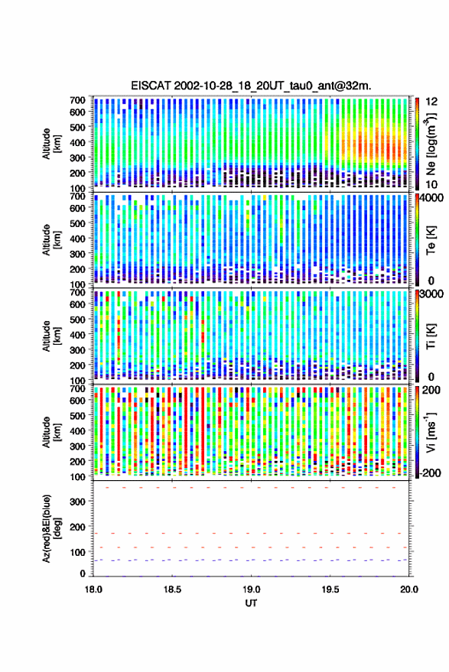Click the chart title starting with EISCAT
(x=251, y=86)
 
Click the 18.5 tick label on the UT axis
(x=172, y=589)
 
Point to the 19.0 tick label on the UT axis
(x=252, y=589)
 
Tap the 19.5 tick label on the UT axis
(x=330, y=589)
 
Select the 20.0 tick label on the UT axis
(x=409, y=589)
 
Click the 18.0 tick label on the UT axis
(x=93, y=589)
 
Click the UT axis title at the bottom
(x=251, y=603)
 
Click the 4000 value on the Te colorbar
(x=432, y=199)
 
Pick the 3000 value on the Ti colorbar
(x=432, y=294)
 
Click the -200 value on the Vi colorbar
(x=430, y=473)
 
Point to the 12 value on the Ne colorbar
(x=432, y=102)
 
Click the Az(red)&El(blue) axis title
(x=51, y=528)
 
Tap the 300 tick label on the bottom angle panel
(x=77, y=502)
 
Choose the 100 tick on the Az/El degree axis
(x=77, y=552)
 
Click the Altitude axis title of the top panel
(x=51, y=144)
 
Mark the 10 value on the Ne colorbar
(x=432, y=185)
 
